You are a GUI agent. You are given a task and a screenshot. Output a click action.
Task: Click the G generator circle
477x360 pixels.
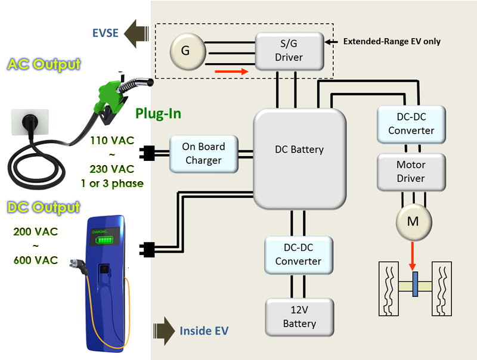tap(185, 51)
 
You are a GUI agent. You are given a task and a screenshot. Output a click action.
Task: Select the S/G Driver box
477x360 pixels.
tap(289, 51)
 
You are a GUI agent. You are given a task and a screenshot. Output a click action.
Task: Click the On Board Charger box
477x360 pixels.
tap(203, 153)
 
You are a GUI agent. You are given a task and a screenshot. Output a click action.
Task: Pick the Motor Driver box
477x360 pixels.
tap(411, 171)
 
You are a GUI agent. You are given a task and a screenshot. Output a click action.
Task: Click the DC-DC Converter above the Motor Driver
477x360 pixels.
tap(411, 123)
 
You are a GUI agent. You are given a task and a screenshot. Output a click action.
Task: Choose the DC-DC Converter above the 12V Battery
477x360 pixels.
tap(299, 255)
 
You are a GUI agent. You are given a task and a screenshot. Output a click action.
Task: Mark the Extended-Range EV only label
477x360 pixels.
tap(392, 42)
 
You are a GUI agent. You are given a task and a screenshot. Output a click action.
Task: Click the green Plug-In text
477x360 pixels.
tap(157, 114)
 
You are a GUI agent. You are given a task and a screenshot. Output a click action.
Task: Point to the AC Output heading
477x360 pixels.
tap(44, 64)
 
